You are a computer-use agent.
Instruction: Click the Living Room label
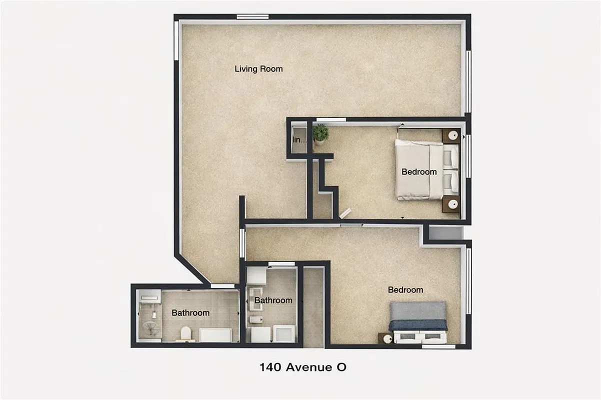tap(258, 69)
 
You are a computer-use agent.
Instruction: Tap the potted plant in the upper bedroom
tap(320, 133)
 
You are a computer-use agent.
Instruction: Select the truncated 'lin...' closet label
tap(298, 140)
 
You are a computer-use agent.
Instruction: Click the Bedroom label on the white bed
tap(419, 172)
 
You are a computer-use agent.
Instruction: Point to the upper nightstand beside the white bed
tap(451, 135)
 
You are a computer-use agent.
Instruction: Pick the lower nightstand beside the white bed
tap(451, 204)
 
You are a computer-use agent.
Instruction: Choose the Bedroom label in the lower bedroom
tap(405, 290)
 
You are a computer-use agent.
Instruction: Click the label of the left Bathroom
tap(190, 313)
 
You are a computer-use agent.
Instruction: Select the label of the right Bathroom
tap(273, 300)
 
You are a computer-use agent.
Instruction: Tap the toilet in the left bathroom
tap(185, 333)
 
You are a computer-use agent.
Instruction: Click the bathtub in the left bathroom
tap(215, 335)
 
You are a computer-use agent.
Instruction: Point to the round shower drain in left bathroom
tap(150, 328)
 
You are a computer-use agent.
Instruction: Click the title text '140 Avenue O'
tap(302, 367)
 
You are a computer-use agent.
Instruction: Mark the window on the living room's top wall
tap(252, 17)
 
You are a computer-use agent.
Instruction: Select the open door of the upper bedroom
tap(345, 214)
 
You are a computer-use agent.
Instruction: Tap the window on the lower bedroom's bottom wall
tap(438, 346)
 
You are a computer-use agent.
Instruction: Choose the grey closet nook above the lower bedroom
tap(446, 233)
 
